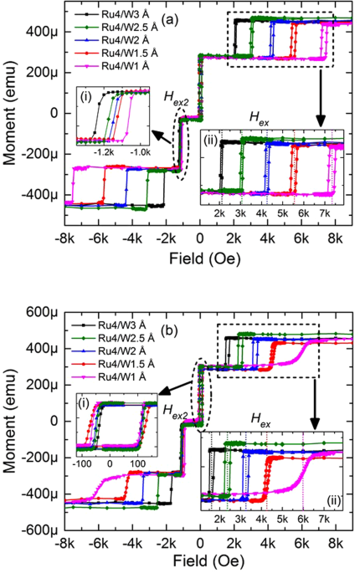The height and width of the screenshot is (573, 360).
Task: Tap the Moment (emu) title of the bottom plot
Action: point(11,421)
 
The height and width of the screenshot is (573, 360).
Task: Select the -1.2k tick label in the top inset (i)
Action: point(105,154)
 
